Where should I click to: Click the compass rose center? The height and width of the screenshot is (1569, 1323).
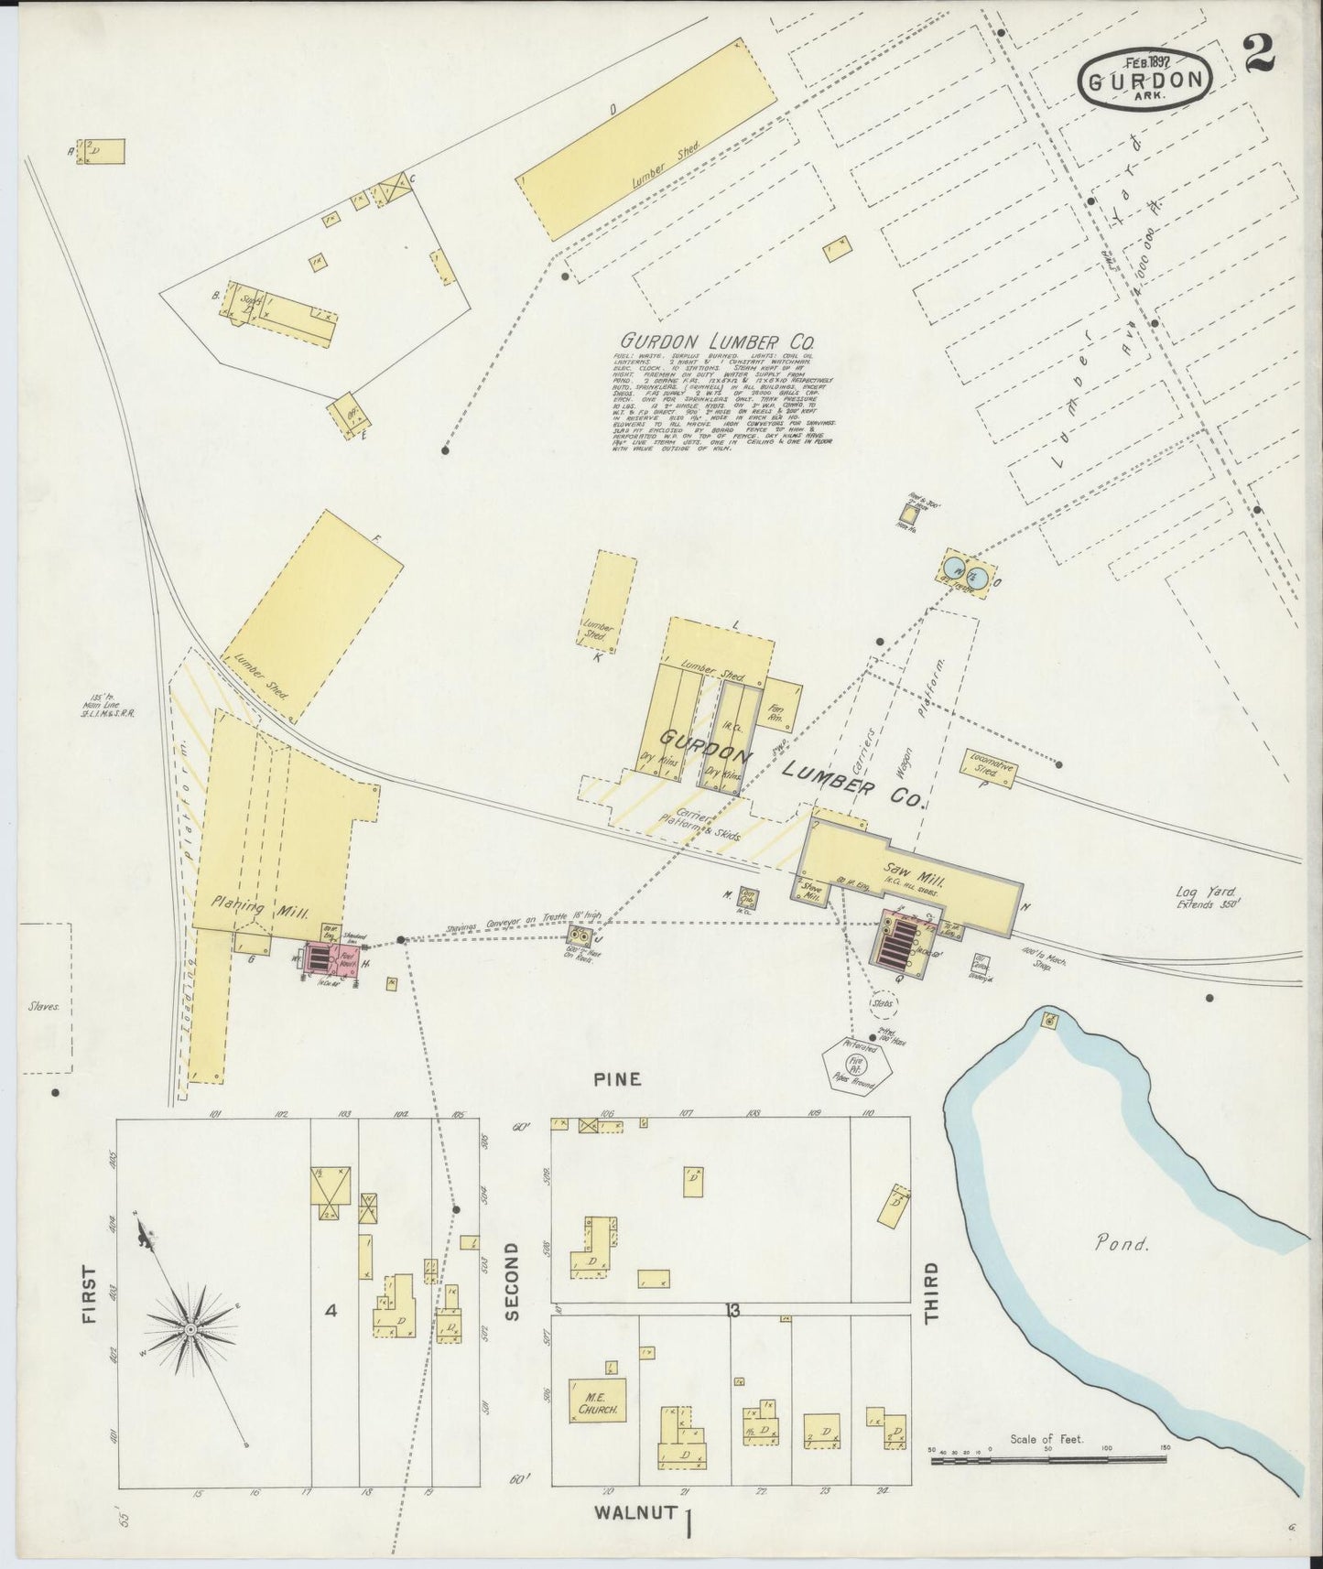click(x=190, y=1328)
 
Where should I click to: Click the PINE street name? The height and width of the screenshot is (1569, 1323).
click(x=616, y=1079)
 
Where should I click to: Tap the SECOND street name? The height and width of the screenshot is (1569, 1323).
click(x=511, y=1282)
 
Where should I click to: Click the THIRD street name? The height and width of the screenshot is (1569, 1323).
click(x=931, y=1293)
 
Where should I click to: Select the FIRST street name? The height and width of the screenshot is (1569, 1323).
click(x=89, y=1294)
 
